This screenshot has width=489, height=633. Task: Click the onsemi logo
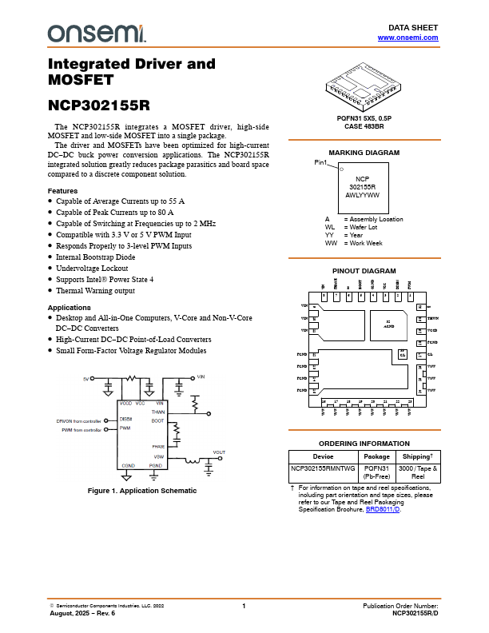coord(97,34)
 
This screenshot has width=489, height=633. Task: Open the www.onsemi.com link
coord(407,38)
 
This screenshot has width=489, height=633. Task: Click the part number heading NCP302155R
coord(98,105)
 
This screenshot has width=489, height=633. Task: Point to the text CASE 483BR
coord(364,126)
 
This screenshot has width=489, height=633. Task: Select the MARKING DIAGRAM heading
coord(364,152)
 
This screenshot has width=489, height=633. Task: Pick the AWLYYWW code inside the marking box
coord(363,194)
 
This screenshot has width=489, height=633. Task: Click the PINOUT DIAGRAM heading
coord(364,271)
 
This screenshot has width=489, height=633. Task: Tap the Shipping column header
coord(419,456)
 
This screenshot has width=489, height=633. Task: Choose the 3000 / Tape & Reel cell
coord(418,472)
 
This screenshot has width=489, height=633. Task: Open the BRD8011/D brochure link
coord(382,509)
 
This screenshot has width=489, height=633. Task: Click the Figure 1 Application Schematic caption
coord(141,490)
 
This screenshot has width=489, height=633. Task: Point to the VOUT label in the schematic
coord(219,452)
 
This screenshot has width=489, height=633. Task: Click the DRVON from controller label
coord(79,420)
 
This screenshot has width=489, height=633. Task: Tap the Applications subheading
coord(70,307)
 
